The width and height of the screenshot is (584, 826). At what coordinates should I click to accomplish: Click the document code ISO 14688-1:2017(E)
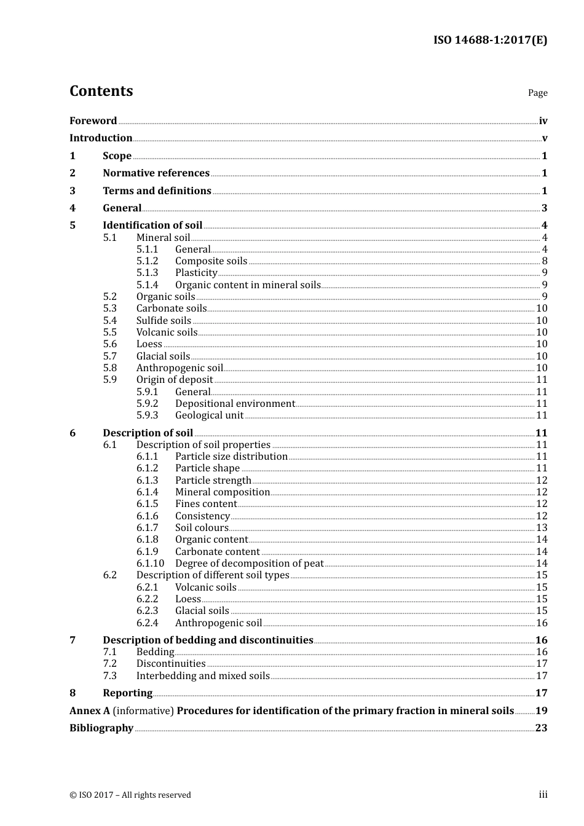point(490,40)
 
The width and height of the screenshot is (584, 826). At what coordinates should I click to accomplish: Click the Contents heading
point(101,91)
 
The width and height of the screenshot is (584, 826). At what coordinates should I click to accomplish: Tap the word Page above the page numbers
point(537,93)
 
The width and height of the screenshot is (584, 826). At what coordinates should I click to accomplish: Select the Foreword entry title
point(93,121)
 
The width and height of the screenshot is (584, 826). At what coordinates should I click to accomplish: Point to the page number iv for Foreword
point(543,121)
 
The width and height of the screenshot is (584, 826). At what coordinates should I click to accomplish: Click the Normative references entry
point(156,173)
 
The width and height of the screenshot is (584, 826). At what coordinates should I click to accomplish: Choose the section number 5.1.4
point(147,285)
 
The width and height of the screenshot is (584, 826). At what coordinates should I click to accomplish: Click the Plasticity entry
point(196,273)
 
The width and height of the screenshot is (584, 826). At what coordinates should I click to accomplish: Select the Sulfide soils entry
point(164,321)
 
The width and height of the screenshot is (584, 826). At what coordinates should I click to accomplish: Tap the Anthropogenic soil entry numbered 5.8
point(180,368)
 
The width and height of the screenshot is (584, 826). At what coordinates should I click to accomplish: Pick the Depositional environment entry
point(235,404)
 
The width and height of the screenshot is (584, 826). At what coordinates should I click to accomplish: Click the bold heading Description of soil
point(148,433)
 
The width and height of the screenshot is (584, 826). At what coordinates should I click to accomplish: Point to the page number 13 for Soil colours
point(542,528)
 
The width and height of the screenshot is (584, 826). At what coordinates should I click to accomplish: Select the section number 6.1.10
point(150,564)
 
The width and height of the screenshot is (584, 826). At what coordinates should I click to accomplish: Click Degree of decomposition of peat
point(249,564)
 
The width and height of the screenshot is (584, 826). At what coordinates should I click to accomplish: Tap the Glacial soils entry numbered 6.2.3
point(202,611)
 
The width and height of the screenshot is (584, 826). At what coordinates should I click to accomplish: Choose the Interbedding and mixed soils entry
point(203,676)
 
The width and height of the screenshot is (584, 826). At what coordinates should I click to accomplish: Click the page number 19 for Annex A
point(541,711)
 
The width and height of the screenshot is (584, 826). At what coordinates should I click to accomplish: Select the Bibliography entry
point(101,728)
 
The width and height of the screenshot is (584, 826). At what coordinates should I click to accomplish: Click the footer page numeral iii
point(543,795)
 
